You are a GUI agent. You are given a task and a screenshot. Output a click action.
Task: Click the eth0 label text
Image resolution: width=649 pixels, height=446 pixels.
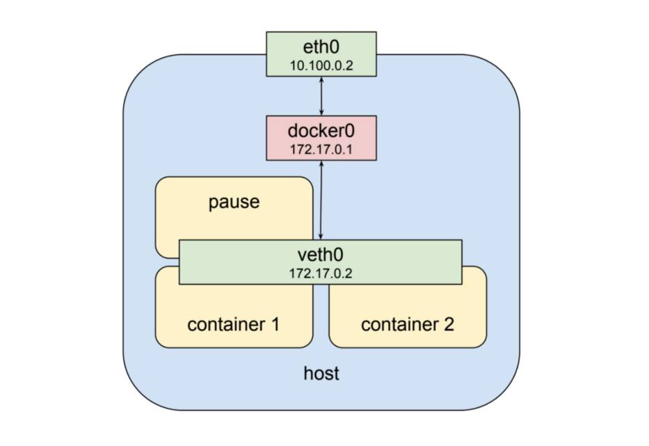pyautogui.click(x=321, y=46)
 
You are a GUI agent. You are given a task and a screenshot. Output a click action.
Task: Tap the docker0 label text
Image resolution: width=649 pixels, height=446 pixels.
pyautogui.click(x=321, y=130)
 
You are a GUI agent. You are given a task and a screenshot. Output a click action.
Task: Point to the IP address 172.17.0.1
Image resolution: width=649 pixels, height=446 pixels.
pyautogui.click(x=321, y=149)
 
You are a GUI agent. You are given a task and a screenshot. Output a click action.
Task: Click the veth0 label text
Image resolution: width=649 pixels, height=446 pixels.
pyautogui.click(x=321, y=255)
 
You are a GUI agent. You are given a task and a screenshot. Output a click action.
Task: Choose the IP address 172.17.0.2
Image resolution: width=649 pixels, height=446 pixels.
pyautogui.click(x=321, y=273)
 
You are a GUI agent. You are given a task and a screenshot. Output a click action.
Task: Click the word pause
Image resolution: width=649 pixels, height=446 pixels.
pyautogui.click(x=234, y=202)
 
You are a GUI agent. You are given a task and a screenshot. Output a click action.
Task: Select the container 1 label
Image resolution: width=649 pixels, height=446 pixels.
pyautogui.click(x=233, y=324)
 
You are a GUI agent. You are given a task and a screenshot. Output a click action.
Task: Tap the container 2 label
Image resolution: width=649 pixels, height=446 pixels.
pyautogui.click(x=407, y=324)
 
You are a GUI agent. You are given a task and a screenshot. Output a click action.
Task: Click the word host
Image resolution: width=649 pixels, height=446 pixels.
pyautogui.click(x=321, y=373)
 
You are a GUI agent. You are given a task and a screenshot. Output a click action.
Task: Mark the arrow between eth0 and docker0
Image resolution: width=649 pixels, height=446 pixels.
pyautogui.click(x=321, y=96)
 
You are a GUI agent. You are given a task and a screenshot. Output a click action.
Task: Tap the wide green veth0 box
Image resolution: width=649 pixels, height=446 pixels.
pyautogui.click(x=403, y=262)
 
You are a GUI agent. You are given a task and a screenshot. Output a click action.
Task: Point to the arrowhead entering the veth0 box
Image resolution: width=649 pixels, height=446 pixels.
pyautogui.click(x=321, y=237)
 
